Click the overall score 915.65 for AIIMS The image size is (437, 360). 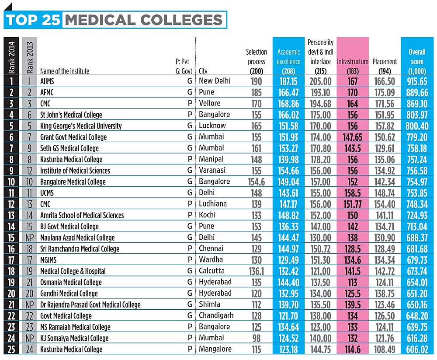pyautogui.click(x=416, y=81)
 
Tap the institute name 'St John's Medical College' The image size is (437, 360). pyautogui.click(x=71, y=115)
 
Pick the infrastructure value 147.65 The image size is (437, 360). pyautogui.click(x=352, y=137)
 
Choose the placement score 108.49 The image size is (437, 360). pyautogui.click(x=385, y=349)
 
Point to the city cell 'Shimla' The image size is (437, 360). pyautogui.click(x=209, y=304)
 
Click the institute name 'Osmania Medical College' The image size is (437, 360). pyautogui.click(x=71, y=282)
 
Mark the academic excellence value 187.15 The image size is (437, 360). pyautogui.click(x=288, y=81)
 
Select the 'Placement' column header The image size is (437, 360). pyautogui.click(x=385, y=62)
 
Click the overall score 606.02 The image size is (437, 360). pyautogui.click(x=416, y=349)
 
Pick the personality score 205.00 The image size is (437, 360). pyautogui.click(x=320, y=81)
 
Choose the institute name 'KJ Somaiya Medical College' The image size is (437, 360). pyautogui.click(x=74, y=338)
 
